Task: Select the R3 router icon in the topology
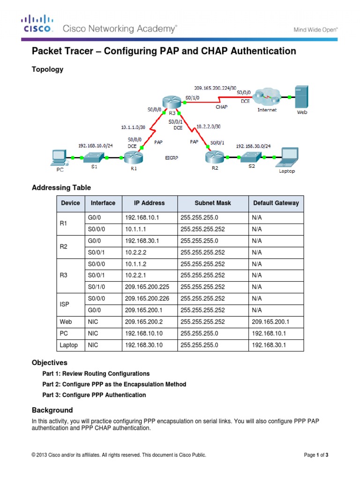click(x=171, y=103)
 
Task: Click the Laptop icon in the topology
click(x=286, y=157)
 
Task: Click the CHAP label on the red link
click(x=222, y=107)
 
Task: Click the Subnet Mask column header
click(x=212, y=203)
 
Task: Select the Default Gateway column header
click(x=276, y=203)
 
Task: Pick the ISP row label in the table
click(x=65, y=304)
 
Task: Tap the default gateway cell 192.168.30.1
click(x=269, y=345)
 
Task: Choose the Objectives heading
click(x=49, y=363)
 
